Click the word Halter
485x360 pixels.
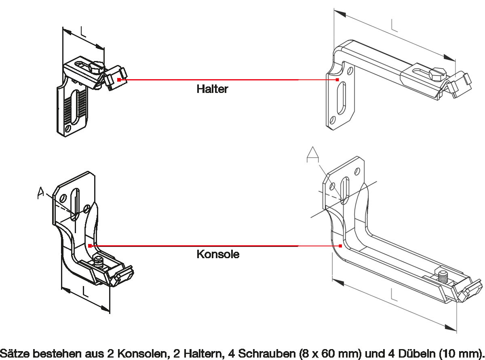point(212,89)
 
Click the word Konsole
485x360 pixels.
point(218,254)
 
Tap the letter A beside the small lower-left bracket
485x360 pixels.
point(40,193)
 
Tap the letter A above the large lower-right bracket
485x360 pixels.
point(313,154)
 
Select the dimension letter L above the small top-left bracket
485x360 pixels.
point(83,32)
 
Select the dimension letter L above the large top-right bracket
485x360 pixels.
point(394,25)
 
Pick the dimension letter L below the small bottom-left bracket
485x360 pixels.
point(85,292)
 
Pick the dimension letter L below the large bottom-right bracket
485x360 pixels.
point(394,295)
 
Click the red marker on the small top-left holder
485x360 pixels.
point(119,80)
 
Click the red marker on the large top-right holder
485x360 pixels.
point(337,80)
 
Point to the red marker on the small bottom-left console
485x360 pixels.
point(90,246)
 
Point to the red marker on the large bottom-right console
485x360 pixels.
point(340,246)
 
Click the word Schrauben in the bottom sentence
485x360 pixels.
point(267,353)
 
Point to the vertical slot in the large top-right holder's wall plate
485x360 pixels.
point(342,98)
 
